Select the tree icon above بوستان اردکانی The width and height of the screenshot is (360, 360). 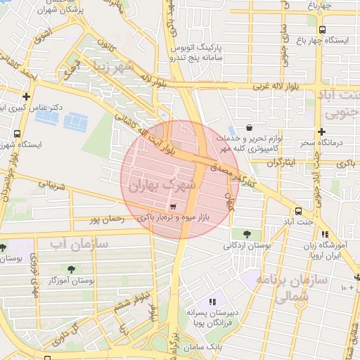(246, 234)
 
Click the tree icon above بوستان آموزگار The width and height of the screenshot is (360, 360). (72, 269)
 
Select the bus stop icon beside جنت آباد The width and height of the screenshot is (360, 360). (299, 210)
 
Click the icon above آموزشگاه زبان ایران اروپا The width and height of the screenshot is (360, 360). (324, 235)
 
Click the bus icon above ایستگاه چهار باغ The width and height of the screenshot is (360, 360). (322, 30)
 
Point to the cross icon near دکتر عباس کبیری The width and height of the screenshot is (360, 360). (26, 96)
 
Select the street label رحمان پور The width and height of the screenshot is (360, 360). (107, 219)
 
